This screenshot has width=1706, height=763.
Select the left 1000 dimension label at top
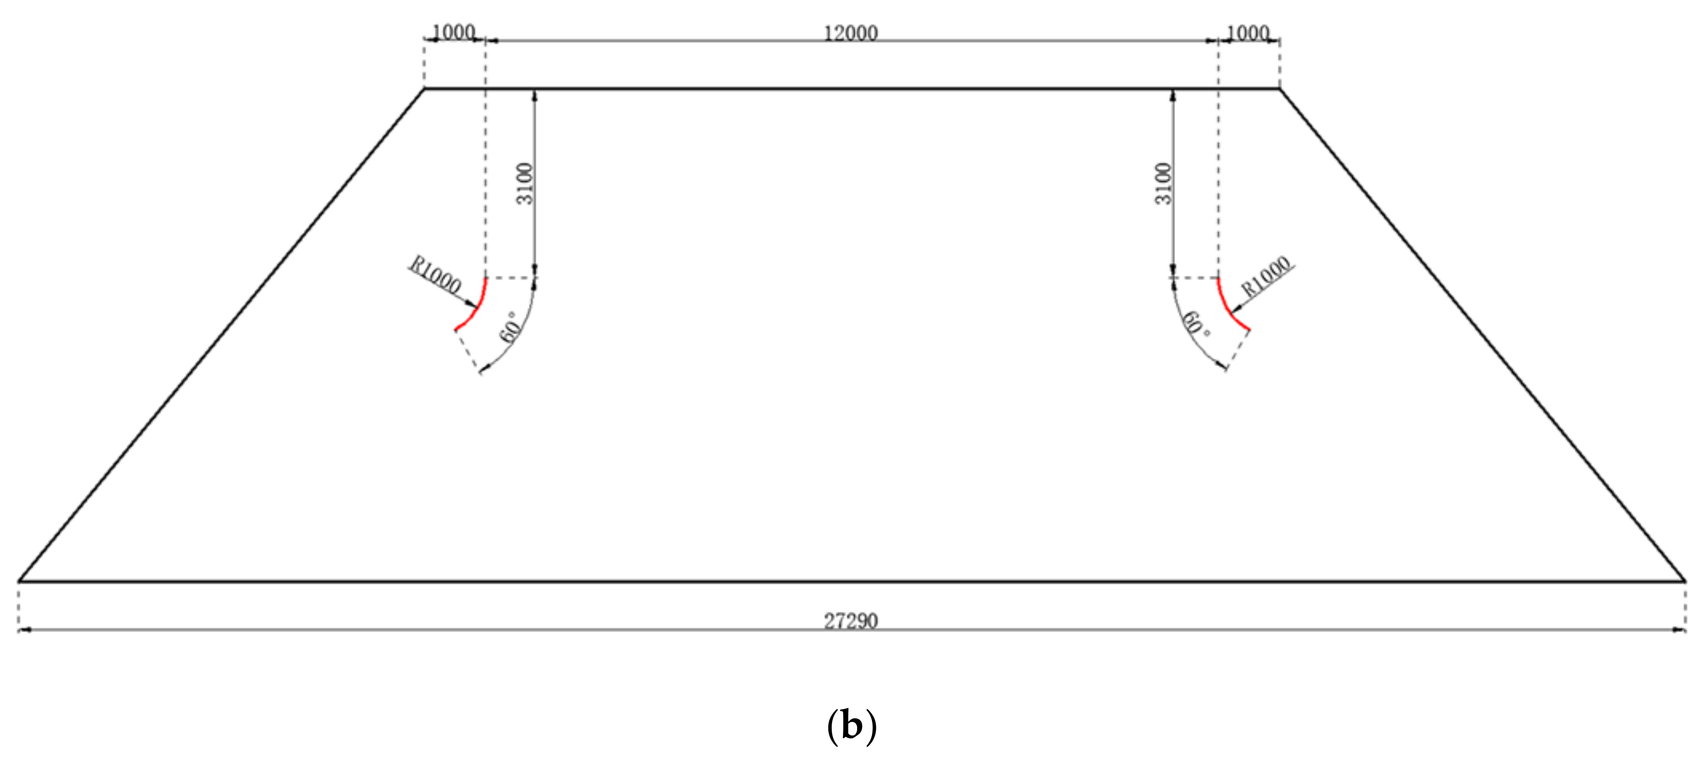[454, 32]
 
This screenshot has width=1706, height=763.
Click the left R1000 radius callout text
[434, 275]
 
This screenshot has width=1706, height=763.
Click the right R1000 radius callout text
[1266, 276]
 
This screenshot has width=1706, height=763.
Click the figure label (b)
[852, 727]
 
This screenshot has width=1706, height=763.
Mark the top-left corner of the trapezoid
[425, 88]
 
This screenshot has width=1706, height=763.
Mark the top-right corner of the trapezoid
[1279, 88]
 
